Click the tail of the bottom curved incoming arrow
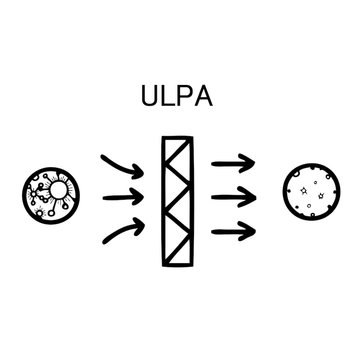click(x=102, y=240)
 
